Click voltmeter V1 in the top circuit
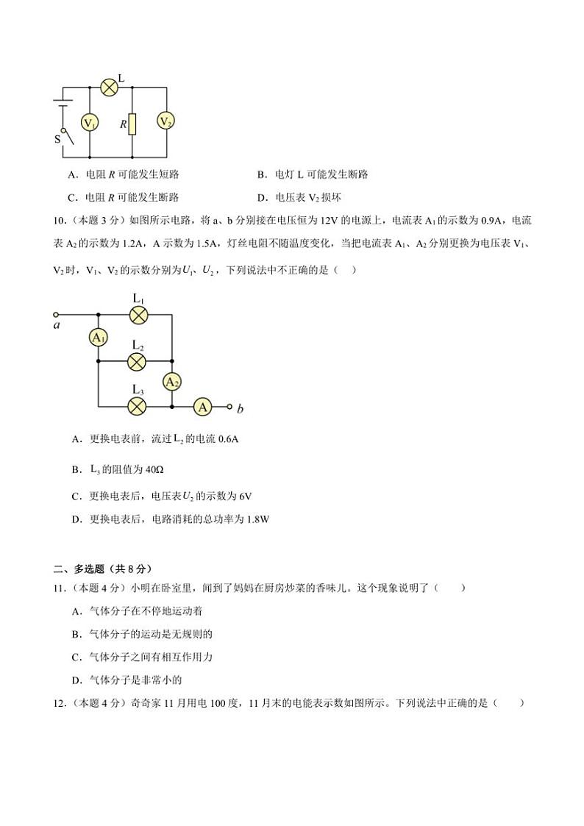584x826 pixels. pos(90,123)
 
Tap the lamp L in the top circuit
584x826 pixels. pos(110,87)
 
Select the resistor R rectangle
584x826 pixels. pos(132,124)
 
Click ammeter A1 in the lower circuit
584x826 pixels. pos(98,338)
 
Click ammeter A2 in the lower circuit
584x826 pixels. pos(171,382)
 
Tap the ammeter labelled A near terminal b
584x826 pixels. pos(202,406)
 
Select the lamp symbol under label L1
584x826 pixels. pos(138,314)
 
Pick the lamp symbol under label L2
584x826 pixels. pos(137,361)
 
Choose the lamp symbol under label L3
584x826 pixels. pos(137,406)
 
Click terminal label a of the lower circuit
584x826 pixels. pos(57,324)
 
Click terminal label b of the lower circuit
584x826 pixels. pos(240,409)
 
